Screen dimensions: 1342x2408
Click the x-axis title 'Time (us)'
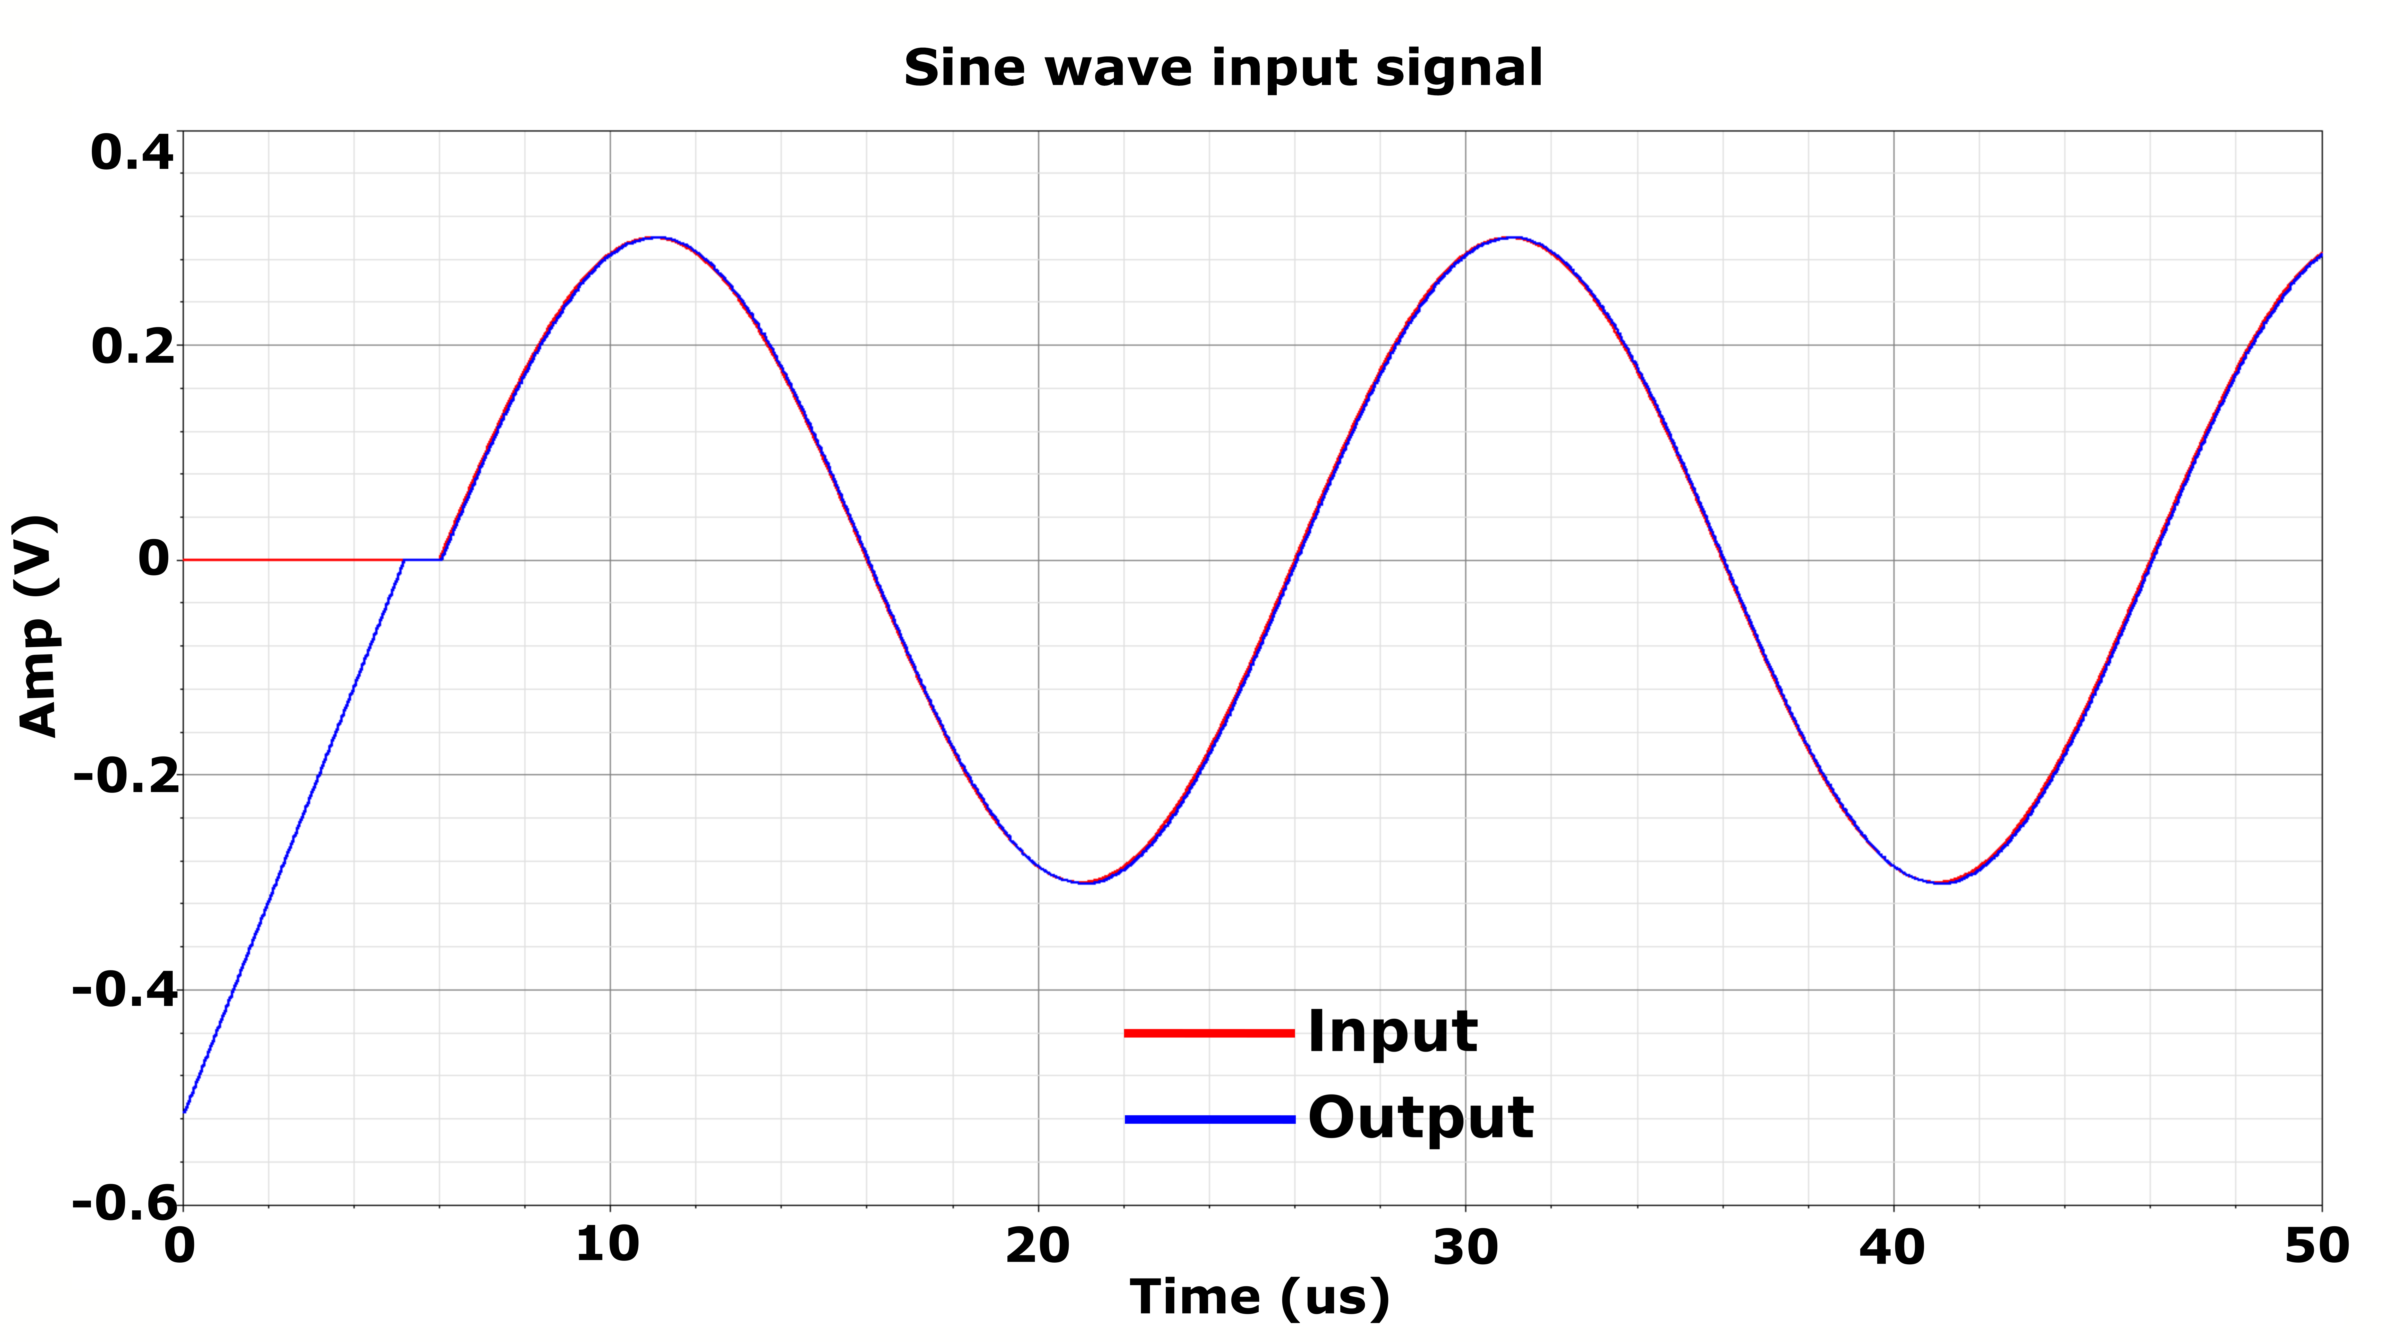point(1259,1297)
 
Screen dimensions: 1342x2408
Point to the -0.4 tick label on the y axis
point(125,991)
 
